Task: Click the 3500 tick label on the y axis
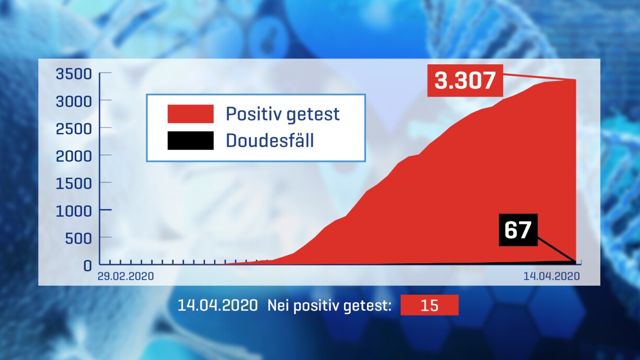74,74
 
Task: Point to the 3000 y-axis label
74,102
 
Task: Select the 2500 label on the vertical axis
74,129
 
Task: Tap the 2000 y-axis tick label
74,156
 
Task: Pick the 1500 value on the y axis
74,183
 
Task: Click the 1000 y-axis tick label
74,211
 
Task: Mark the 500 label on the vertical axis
78,238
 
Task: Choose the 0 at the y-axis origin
88,266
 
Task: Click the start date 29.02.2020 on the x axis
125,276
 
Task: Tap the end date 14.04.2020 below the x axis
552,276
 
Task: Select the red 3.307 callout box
465,80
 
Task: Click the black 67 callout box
518,230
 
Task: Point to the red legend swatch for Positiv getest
190,114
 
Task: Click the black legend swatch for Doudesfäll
190,141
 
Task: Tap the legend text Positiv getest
282,114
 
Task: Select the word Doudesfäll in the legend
270,140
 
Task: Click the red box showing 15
429,305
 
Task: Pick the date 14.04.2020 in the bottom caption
218,305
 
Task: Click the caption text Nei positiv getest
329,306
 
